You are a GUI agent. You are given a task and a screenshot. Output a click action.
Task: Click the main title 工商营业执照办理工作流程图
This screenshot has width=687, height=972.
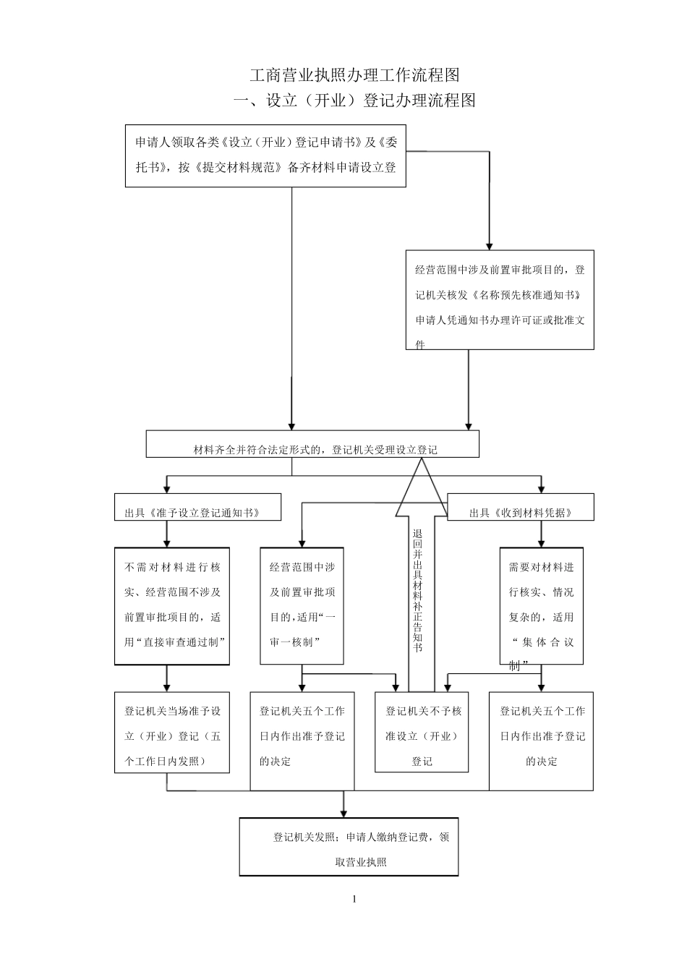pos(354,74)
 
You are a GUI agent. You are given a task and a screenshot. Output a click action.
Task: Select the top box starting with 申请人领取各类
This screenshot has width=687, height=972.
pos(265,155)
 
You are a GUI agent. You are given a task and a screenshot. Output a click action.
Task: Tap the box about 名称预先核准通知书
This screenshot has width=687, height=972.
pos(499,300)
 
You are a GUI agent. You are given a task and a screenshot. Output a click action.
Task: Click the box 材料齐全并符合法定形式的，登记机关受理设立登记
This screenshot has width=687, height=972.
pos(312,445)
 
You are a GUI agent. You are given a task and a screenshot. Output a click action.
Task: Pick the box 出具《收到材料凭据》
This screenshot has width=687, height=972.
pos(521,508)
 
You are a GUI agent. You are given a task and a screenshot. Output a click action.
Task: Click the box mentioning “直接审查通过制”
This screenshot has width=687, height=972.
pos(172,606)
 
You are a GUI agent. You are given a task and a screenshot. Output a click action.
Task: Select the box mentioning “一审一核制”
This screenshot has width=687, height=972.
pos(302,606)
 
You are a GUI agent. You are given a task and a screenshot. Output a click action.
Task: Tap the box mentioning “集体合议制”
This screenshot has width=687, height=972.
pos(541,606)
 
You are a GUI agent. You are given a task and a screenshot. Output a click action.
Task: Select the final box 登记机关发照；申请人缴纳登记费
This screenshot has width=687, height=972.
pos(349,847)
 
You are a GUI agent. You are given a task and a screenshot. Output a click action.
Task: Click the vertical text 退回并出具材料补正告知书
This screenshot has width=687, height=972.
pos(417,590)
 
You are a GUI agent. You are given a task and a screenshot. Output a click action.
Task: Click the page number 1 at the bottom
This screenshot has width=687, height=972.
pos(354,899)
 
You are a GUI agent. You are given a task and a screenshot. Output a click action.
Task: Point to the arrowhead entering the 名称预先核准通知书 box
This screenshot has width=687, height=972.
pos(489,244)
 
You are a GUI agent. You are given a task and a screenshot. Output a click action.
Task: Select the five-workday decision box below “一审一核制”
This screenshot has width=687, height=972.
pos(302,741)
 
